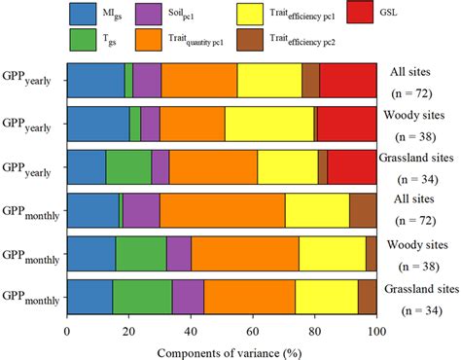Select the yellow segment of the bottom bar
326,295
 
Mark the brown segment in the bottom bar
367,295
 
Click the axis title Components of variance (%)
221,349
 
